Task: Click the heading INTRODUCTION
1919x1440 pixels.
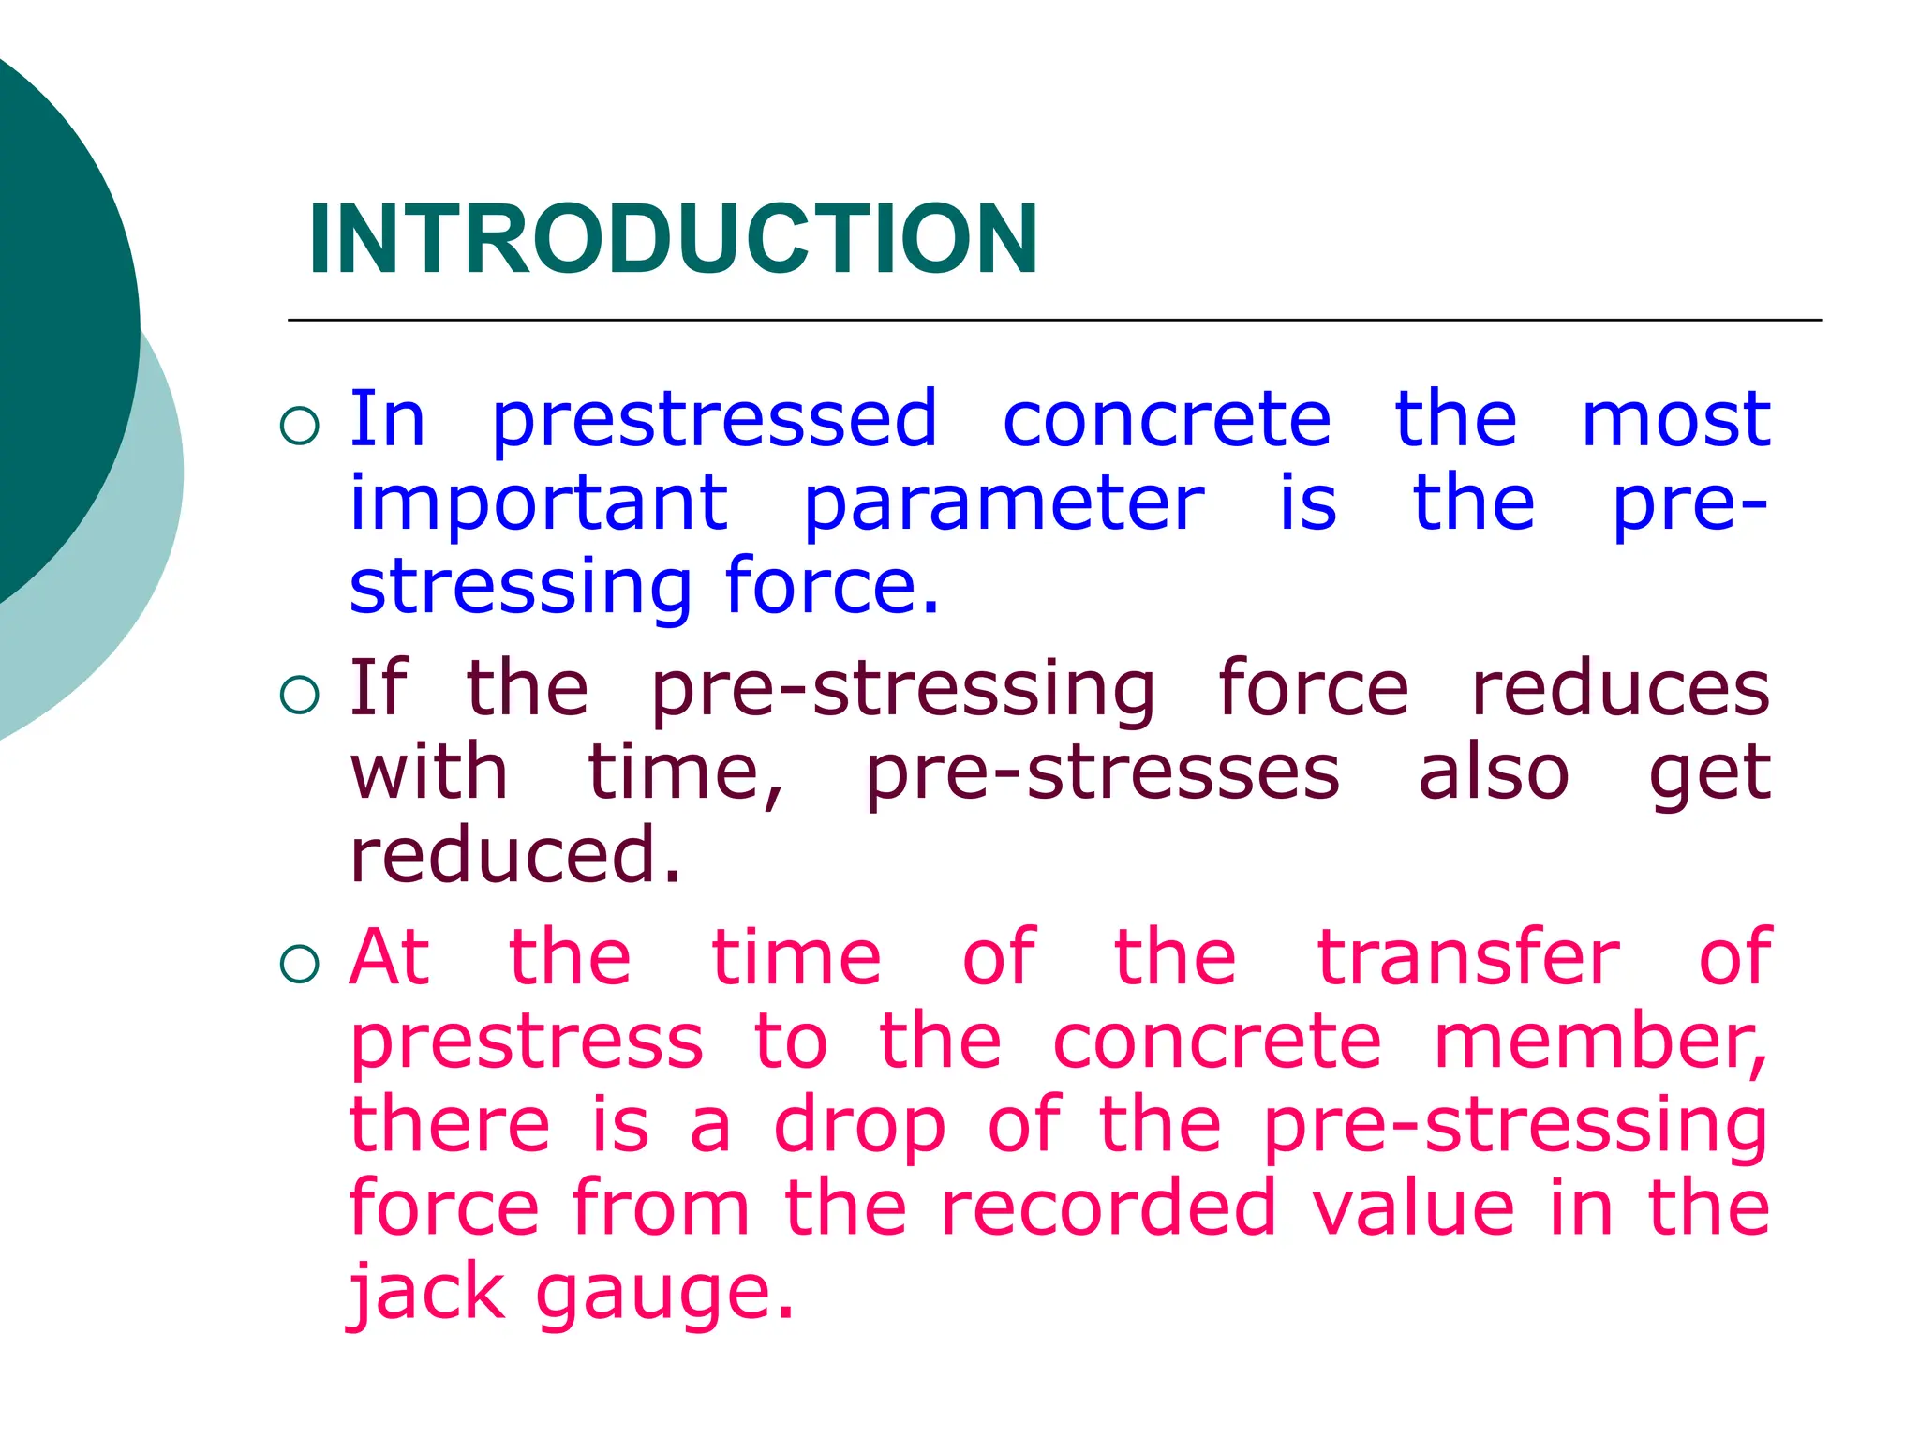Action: point(673,240)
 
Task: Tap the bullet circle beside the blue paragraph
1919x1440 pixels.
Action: point(300,427)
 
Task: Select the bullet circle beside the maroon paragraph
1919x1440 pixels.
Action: point(300,696)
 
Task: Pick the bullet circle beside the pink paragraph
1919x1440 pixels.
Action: point(300,965)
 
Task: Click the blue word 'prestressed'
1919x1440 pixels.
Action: point(714,420)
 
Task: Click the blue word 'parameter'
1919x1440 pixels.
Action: point(1004,504)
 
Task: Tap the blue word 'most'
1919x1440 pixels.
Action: point(1675,420)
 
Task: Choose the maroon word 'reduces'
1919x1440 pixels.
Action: point(1620,689)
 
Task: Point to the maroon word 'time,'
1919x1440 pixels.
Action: point(686,773)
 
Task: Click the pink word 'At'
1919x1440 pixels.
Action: point(390,957)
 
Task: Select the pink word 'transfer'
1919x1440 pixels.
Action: point(1468,957)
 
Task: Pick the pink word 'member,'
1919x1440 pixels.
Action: point(1600,1042)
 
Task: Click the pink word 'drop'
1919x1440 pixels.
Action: point(859,1127)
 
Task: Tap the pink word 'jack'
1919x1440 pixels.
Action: point(427,1293)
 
